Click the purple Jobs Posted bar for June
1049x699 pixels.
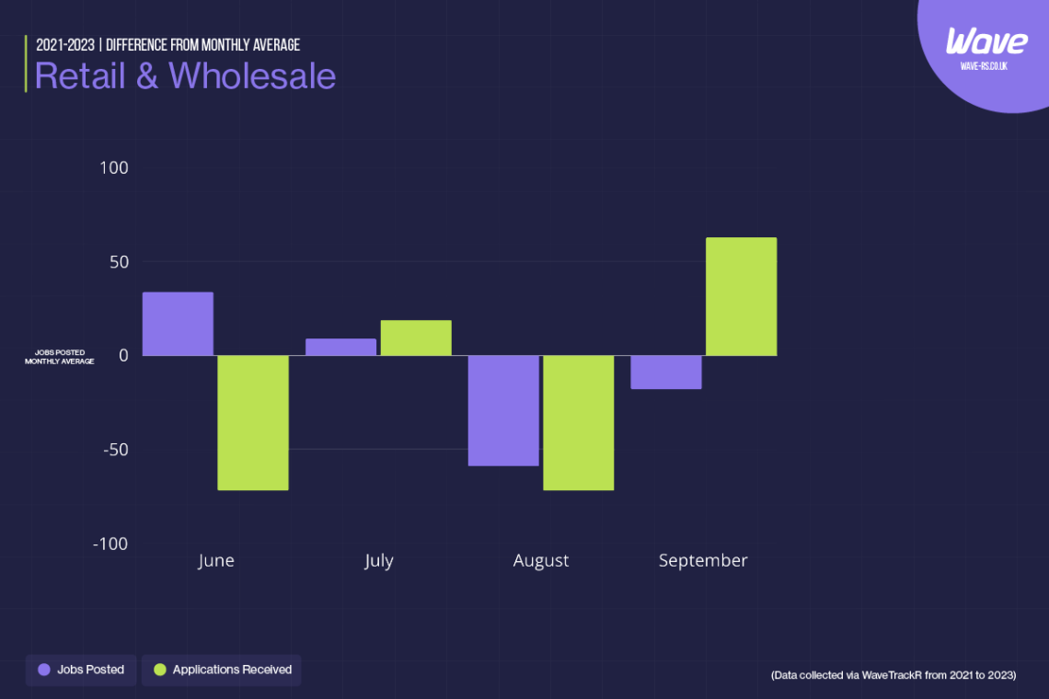tap(178, 324)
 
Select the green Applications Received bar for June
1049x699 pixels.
tap(253, 422)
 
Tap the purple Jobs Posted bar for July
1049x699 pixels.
tap(340, 347)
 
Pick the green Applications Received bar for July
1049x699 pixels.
tap(416, 338)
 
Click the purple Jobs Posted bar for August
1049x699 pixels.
tap(503, 410)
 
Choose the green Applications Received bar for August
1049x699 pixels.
tap(578, 422)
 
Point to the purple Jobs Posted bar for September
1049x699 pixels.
tap(666, 372)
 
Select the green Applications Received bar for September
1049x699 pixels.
tap(741, 296)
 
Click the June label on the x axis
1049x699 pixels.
tap(216, 560)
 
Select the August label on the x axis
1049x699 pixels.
tap(541, 560)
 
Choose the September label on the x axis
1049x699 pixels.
tap(703, 560)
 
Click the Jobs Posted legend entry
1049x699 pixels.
tap(81, 670)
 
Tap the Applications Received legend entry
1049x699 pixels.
tap(222, 670)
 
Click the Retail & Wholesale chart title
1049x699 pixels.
tap(185, 75)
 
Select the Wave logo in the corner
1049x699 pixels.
tap(986, 42)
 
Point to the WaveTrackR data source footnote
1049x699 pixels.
tap(893, 675)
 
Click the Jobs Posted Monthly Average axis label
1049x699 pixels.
tap(59, 357)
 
